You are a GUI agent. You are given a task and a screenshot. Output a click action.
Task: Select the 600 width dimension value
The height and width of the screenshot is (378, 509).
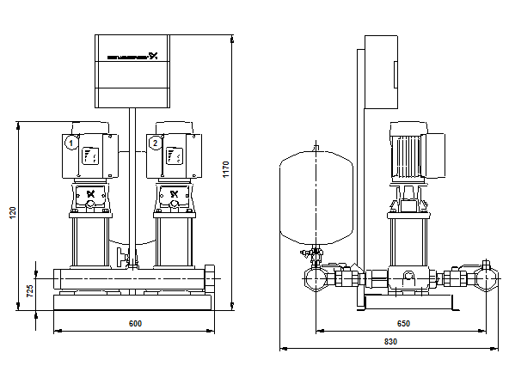[135, 323]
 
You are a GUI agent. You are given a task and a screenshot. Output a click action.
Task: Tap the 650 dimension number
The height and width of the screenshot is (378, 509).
[403, 323]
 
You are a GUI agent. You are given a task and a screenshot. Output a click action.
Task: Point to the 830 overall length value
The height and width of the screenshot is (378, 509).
[389, 342]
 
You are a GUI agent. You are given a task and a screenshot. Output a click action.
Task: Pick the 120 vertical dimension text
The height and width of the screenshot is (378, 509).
[13, 212]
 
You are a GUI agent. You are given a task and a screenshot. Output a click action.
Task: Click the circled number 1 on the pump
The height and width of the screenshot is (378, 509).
[71, 143]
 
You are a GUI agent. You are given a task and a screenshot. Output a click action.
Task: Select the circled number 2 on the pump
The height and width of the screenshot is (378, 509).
[155, 143]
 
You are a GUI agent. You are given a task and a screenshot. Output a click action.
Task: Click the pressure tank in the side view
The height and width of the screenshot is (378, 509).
[317, 197]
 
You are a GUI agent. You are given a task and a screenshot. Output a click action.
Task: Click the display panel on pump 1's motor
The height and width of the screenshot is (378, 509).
[90, 155]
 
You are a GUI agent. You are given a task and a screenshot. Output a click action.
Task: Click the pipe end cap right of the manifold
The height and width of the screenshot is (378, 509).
[211, 279]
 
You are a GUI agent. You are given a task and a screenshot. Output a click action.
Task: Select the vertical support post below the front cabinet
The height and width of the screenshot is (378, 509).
[132, 172]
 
